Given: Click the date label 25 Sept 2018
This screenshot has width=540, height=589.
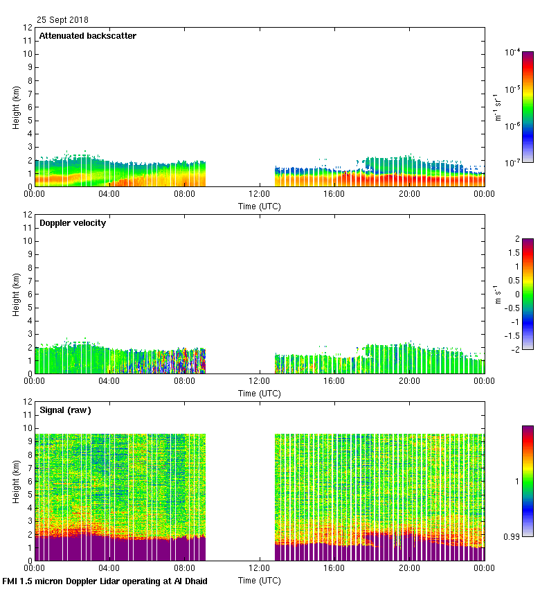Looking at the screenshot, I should [62, 20].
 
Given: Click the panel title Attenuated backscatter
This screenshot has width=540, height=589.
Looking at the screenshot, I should [88, 36].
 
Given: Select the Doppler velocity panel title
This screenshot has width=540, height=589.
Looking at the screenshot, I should [73, 223].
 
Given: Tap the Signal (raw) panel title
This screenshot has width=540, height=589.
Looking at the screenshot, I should [65, 410].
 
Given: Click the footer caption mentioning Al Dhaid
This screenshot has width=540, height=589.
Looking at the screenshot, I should [105, 581].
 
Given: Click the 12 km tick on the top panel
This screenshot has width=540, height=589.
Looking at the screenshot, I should [28, 28].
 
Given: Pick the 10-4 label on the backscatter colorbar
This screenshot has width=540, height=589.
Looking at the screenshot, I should [512, 52].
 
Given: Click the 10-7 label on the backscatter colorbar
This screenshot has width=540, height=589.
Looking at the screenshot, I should [512, 163].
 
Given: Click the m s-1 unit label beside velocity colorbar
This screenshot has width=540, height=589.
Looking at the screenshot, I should [498, 294].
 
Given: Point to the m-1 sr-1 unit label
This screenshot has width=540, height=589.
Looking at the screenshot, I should [498, 107].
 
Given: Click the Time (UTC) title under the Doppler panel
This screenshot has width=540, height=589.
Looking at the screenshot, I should [260, 393].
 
